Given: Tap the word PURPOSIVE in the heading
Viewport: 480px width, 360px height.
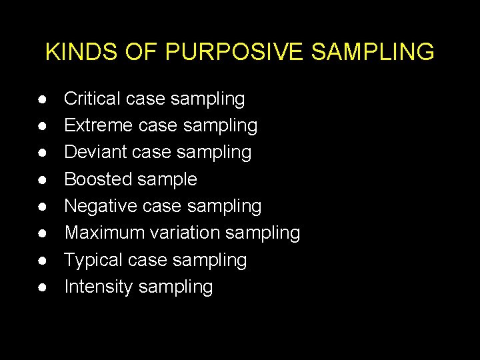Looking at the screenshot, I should (213, 51).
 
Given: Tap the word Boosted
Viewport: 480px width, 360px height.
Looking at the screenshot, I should (97, 179).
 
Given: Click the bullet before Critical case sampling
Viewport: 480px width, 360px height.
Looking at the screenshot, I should (42, 100).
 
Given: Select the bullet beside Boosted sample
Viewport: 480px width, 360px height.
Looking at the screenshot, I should (42, 180).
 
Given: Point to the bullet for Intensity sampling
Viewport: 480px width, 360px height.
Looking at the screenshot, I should (42, 287).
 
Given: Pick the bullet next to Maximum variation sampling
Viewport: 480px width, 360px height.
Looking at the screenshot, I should (42, 233).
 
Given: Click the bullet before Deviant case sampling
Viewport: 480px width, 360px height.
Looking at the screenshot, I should (42, 153).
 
